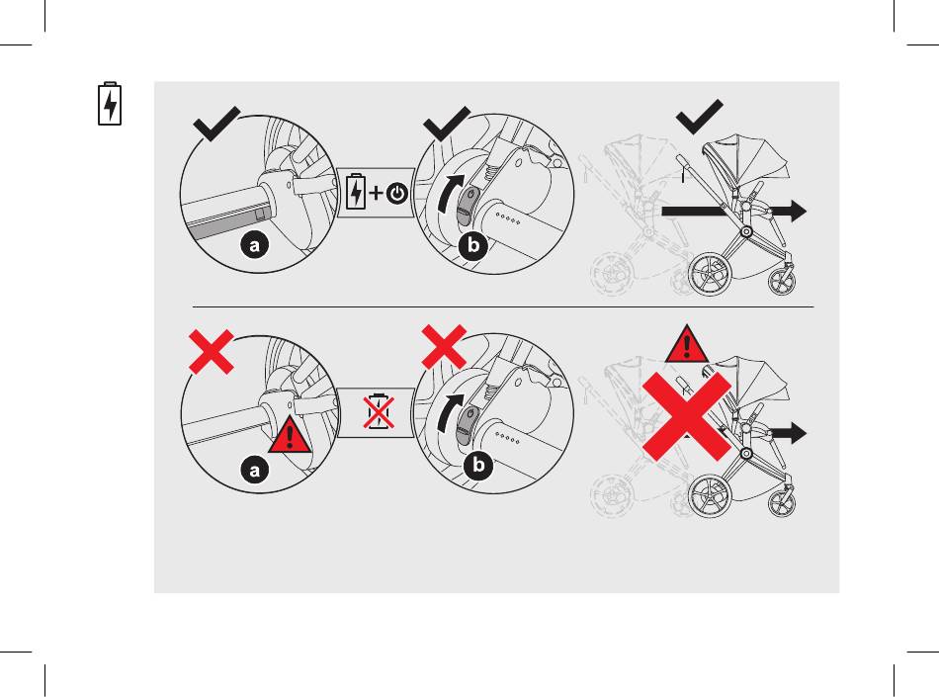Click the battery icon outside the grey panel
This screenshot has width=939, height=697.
click(x=110, y=104)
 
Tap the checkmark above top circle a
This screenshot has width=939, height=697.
click(x=216, y=125)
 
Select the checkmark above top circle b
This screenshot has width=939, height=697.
click(x=446, y=124)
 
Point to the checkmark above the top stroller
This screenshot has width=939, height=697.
click(x=699, y=118)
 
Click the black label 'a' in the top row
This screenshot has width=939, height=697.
click(x=255, y=245)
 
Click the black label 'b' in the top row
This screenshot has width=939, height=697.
click(x=473, y=244)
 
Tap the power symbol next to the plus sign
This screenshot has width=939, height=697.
click(x=397, y=194)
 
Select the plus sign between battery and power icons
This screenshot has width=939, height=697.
click(x=376, y=193)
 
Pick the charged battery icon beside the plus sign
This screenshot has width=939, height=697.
click(x=356, y=192)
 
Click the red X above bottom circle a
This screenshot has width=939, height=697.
click(x=211, y=352)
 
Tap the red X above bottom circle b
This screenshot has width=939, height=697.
click(x=444, y=347)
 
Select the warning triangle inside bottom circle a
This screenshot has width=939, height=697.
click(x=290, y=435)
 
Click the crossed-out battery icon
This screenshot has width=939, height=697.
click(x=379, y=412)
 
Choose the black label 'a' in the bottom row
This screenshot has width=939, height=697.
click(x=255, y=470)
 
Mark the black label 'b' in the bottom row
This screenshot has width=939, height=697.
click(x=478, y=466)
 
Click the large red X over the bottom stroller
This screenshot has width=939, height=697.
click(x=687, y=417)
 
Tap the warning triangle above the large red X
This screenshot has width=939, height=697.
click(x=687, y=345)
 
